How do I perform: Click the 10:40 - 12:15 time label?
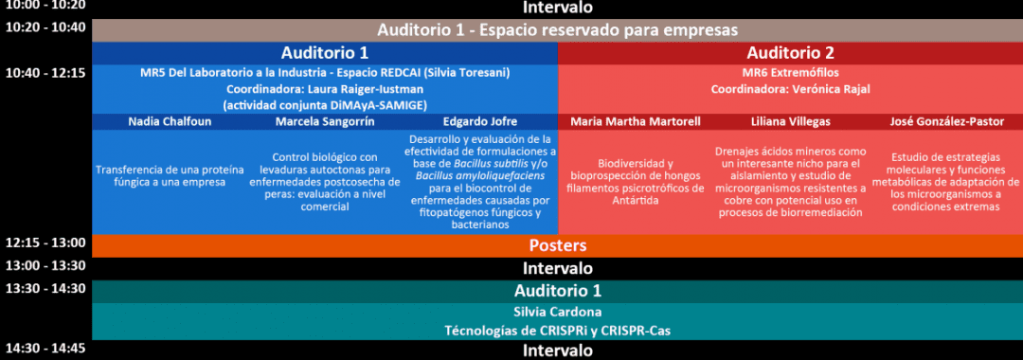pyautogui.click(x=45, y=72)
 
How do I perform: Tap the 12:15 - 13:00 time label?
pyautogui.click(x=45, y=243)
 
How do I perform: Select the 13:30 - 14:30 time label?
pyautogui.click(x=45, y=288)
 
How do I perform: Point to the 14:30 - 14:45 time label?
pyautogui.click(x=45, y=348)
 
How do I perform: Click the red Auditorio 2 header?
pyautogui.click(x=790, y=53)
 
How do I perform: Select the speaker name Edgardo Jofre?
pyautogui.click(x=480, y=122)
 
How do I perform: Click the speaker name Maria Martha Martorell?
pyautogui.click(x=636, y=122)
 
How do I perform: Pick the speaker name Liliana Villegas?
pyautogui.click(x=790, y=122)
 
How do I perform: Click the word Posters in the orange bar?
pyautogui.click(x=557, y=246)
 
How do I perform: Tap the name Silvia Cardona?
pyautogui.click(x=557, y=312)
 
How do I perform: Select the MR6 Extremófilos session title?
pyautogui.click(x=790, y=72)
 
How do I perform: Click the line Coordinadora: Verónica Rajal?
pyautogui.click(x=790, y=89)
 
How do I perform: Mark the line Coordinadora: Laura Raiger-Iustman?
pyautogui.click(x=325, y=89)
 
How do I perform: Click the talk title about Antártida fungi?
pyautogui.click(x=637, y=182)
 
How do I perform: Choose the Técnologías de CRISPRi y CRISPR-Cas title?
pyautogui.click(x=557, y=331)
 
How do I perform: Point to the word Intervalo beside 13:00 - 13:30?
pyautogui.click(x=557, y=268)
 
